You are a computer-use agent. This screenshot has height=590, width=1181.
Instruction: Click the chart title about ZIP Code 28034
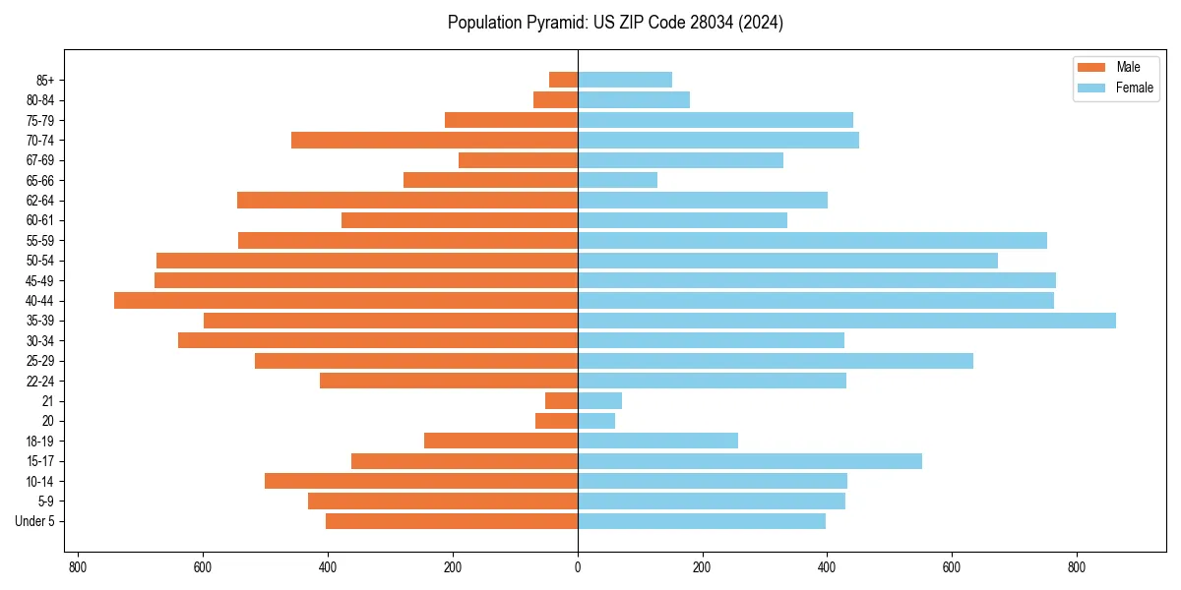click(615, 23)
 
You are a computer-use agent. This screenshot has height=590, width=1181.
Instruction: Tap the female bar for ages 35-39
click(846, 321)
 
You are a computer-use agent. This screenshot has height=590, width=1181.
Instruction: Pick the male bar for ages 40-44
click(345, 301)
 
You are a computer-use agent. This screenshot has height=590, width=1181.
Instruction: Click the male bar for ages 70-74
click(434, 141)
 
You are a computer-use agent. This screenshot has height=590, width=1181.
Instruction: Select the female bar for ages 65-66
click(617, 180)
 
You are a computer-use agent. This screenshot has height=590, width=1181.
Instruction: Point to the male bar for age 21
click(561, 401)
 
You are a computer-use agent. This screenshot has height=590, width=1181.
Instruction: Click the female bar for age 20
click(596, 421)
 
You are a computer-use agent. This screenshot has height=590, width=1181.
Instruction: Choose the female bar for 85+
click(625, 80)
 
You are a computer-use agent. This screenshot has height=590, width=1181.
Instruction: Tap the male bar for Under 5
click(452, 521)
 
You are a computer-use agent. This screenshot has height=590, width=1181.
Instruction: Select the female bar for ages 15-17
click(750, 461)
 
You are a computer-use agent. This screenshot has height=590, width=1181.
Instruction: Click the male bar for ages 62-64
click(407, 201)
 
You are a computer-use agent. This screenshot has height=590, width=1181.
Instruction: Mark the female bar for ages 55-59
click(812, 241)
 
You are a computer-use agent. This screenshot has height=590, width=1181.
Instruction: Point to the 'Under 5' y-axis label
click(34, 521)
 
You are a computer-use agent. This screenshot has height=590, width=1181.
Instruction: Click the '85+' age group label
click(44, 80)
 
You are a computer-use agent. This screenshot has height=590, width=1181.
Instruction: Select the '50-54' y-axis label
click(40, 261)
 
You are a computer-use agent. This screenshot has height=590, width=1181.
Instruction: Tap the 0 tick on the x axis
click(578, 567)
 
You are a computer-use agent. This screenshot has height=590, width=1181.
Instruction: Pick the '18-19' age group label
click(40, 442)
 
